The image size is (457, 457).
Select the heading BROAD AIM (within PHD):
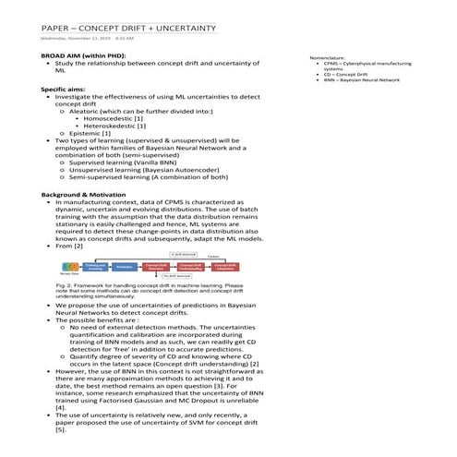83,56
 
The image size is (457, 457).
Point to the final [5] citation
61,430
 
